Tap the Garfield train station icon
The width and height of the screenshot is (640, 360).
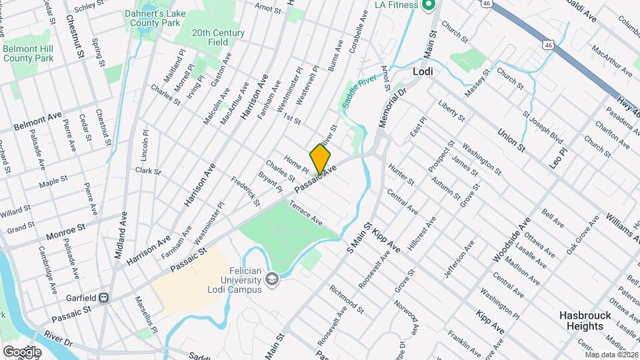(x=104, y=297)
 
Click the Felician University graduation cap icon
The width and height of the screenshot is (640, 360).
(x=272, y=279)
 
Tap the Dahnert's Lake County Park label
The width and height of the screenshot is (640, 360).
(x=153, y=18)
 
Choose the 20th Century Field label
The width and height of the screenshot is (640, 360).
(x=218, y=37)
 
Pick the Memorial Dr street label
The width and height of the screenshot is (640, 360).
(x=392, y=108)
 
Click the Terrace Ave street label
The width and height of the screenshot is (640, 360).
(x=306, y=214)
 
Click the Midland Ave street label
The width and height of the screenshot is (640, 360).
(x=119, y=235)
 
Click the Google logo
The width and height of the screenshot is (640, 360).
(x=22, y=351)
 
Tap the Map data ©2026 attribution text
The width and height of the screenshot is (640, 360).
(x=611, y=355)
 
